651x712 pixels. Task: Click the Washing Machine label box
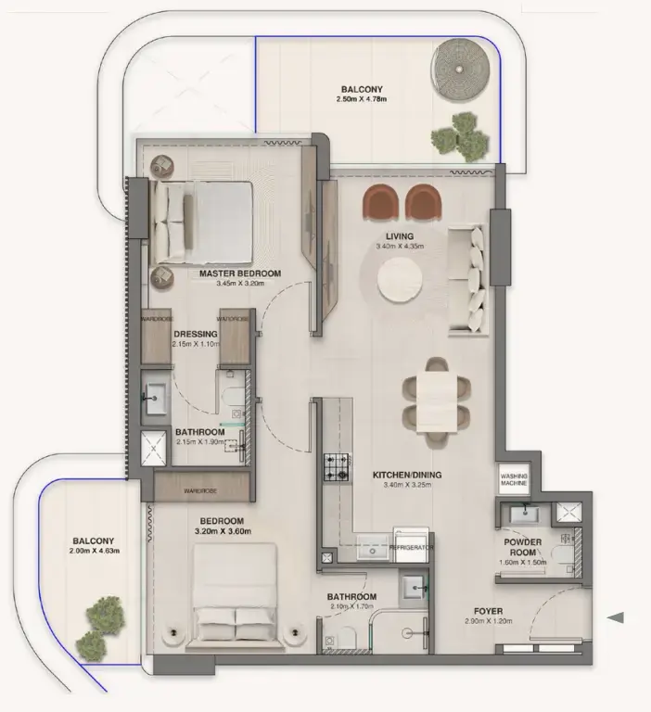(515, 477)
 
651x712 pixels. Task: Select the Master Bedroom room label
(240, 273)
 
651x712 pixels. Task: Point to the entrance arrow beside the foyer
(615, 617)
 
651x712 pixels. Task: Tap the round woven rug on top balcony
(461, 69)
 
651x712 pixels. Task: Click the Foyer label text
(488, 612)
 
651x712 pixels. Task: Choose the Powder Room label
(523, 547)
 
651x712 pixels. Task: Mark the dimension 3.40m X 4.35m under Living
(400, 247)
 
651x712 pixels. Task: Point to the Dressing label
(196, 334)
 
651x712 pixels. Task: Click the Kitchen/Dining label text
(407, 476)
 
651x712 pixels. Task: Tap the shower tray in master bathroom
(154, 447)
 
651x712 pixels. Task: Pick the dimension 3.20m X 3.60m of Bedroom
(223, 532)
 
